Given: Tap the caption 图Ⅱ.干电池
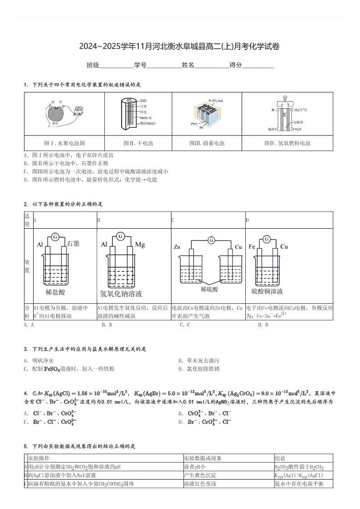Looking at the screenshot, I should (x=138, y=143).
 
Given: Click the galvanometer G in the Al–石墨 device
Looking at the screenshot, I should (x=55, y=236).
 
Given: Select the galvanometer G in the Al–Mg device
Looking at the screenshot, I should (x=120, y=236).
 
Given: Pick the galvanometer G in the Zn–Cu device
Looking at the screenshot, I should (x=211, y=240).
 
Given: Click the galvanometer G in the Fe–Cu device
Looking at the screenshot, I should (x=267, y=239).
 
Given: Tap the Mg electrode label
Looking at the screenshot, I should (x=140, y=245).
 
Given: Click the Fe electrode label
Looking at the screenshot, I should (x=252, y=247).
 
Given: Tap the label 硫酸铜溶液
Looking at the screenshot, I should (x=267, y=291).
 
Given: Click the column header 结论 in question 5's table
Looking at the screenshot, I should (x=280, y=458).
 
